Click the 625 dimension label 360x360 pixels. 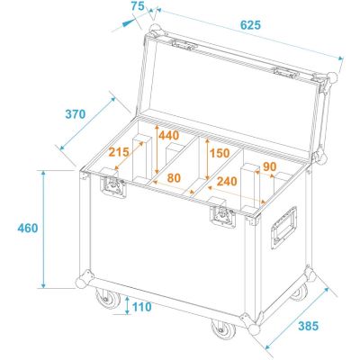pyautogui.click(x=250, y=25)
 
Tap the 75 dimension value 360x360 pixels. pyautogui.click(x=138, y=6)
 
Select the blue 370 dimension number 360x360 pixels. pyautogui.click(x=76, y=114)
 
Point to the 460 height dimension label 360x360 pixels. pyautogui.click(x=28, y=229)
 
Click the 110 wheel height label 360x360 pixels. pyautogui.click(x=141, y=307)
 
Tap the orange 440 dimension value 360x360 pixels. pyautogui.click(x=168, y=136)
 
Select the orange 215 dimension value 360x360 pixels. pyautogui.click(x=119, y=152)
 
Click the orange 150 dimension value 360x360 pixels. pyautogui.click(x=220, y=153)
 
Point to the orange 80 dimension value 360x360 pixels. pyautogui.click(x=174, y=178)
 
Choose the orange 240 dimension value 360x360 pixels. pyautogui.click(x=227, y=181)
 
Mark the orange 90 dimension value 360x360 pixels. pyautogui.click(x=270, y=166)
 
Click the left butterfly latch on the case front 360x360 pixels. pyautogui.click(x=113, y=186)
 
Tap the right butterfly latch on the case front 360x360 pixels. pyautogui.click(x=222, y=216)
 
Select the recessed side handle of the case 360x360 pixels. pyautogui.click(x=283, y=228)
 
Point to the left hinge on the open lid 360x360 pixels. pyautogui.click(x=184, y=45)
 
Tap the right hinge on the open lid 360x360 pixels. pyautogui.click(x=286, y=72)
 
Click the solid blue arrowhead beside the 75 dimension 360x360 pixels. pyautogui.click(x=129, y=23)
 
